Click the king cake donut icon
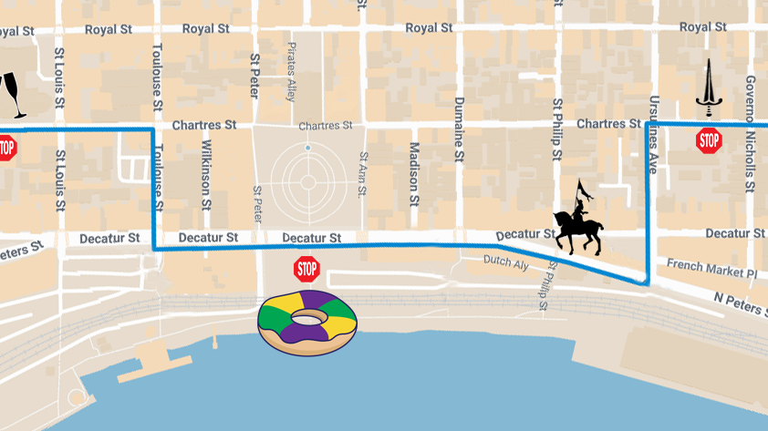(x=307, y=322)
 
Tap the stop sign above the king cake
(x=307, y=269)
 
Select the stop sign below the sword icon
(x=709, y=140)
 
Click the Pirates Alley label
(x=292, y=70)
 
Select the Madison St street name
(x=413, y=172)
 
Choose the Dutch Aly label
(x=506, y=263)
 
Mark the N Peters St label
(x=741, y=303)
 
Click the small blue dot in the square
(x=308, y=147)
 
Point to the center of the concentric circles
(x=308, y=182)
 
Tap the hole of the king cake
(x=308, y=316)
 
